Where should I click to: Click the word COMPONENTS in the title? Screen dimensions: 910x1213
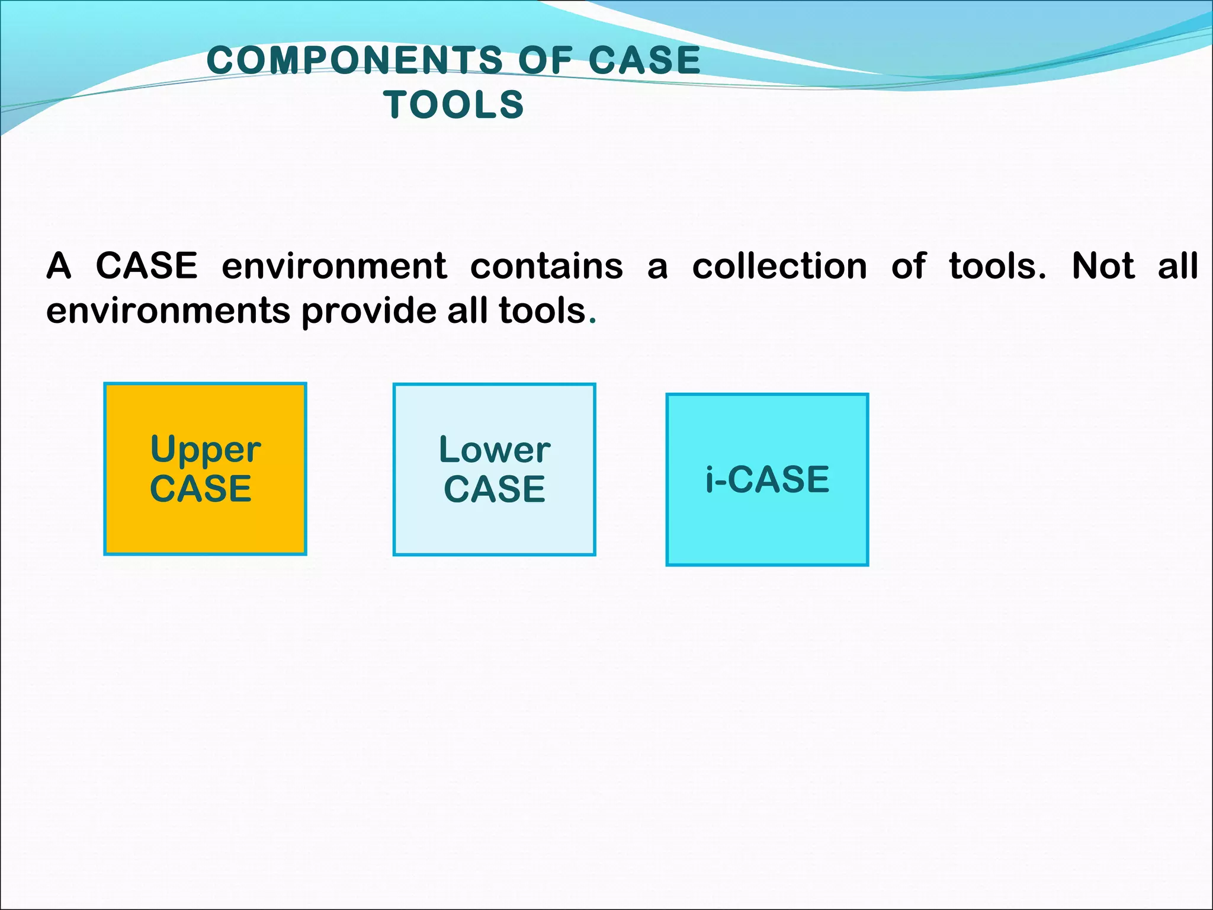click(354, 60)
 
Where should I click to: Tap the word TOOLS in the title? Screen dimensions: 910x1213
click(454, 105)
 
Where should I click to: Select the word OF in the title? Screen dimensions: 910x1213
click(545, 60)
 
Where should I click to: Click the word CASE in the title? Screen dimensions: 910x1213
click(645, 60)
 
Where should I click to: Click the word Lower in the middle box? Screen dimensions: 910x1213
click(494, 450)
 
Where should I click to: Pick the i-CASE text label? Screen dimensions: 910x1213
click(767, 479)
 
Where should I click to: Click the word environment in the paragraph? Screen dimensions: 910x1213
click(334, 266)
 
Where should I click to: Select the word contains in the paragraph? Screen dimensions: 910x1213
click(546, 266)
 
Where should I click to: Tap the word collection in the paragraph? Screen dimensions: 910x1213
click(779, 266)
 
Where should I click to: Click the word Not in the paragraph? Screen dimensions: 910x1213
click(1103, 266)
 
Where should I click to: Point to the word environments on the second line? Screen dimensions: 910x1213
click(168, 311)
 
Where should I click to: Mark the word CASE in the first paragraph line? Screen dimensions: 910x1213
click(146, 266)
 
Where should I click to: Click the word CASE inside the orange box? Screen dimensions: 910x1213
click(201, 489)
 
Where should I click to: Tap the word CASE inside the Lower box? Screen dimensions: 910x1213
click(494, 490)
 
